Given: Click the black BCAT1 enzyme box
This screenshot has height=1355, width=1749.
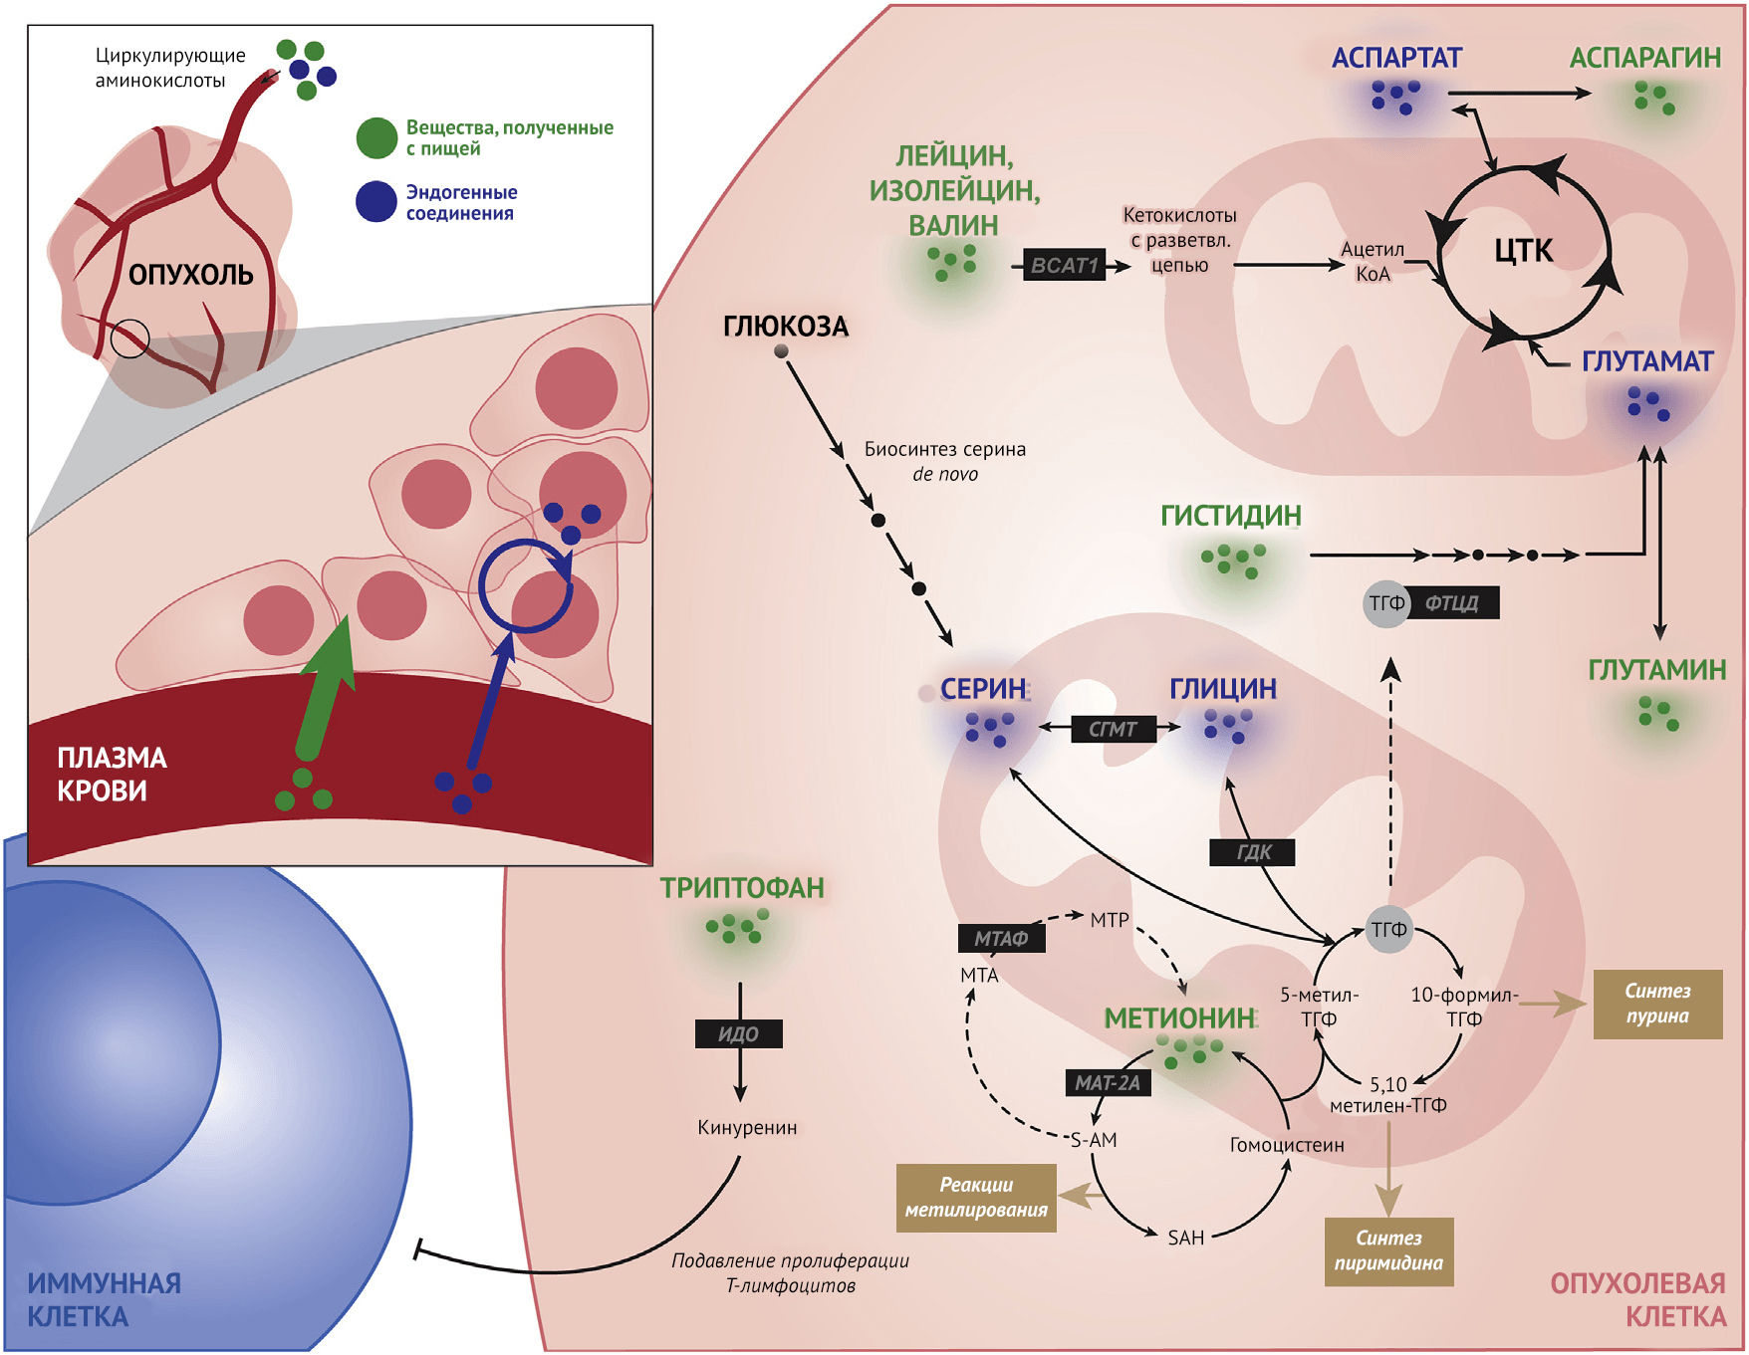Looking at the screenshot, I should (x=1065, y=266).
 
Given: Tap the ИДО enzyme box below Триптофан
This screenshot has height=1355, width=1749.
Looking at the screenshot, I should (x=738, y=1034).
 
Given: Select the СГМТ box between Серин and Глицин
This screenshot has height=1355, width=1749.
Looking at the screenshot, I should (x=1113, y=729).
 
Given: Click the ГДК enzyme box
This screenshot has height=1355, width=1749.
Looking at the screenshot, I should (x=1253, y=852).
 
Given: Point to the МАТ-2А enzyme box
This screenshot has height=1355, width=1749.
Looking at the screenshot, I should (x=1108, y=1083).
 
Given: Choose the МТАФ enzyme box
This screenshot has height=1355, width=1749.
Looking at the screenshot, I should (x=1001, y=939).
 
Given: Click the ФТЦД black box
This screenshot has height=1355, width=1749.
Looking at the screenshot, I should (x=1452, y=603).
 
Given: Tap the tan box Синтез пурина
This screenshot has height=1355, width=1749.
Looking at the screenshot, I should (x=1657, y=1004).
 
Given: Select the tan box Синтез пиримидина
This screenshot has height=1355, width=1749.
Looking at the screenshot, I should (x=1388, y=1251).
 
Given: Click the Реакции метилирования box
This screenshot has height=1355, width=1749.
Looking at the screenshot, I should (x=976, y=1198).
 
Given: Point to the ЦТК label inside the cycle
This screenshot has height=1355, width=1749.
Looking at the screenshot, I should (x=1523, y=251).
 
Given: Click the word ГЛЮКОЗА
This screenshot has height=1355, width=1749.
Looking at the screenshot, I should (x=785, y=327).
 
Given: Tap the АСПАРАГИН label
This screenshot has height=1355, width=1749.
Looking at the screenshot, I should (x=1644, y=58).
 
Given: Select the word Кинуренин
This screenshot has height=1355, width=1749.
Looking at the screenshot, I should (x=747, y=1128).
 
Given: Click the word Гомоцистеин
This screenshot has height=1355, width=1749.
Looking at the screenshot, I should (x=1287, y=1145).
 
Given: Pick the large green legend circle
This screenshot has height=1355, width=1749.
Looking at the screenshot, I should (x=376, y=138).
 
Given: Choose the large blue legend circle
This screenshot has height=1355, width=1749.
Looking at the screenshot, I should (x=376, y=201).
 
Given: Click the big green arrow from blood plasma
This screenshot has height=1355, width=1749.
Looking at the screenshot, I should (x=325, y=697).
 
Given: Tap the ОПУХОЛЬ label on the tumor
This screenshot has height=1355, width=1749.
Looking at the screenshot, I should (x=190, y=275).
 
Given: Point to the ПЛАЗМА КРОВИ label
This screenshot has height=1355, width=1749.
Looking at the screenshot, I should (x=112, y=775).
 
